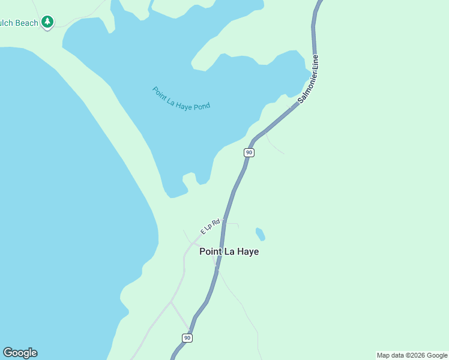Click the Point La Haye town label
pos(229,252)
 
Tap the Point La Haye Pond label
pos(181,98)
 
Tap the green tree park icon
pos(47,22)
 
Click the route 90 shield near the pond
pos(249,152)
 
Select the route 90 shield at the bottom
pos(187,338)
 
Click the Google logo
pos(20,353)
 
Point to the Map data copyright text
pos(412,355)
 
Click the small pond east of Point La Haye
pos(261,233)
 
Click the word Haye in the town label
pos(247,252)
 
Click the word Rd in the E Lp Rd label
pos(217,223)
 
